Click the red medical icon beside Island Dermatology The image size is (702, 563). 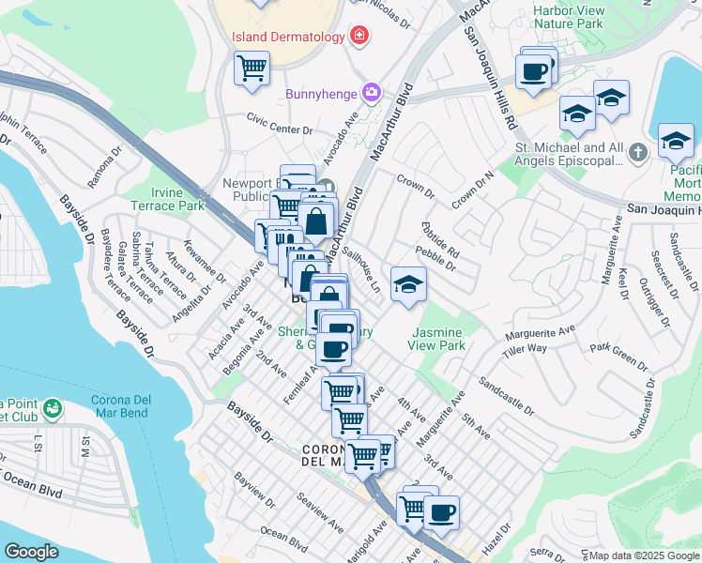click(x=358, y=37)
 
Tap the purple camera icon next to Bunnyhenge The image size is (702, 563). click(x=373, y=93)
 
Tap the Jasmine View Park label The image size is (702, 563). click(x=436, y=339)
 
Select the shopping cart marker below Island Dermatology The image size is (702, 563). click(x=252, y=68)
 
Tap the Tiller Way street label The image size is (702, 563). click(x=524, y=349)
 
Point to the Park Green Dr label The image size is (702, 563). click(x=614, y=348)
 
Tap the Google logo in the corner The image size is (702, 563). click(x=31, y=551)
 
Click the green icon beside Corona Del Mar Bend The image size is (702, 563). click(x=53, y=408)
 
